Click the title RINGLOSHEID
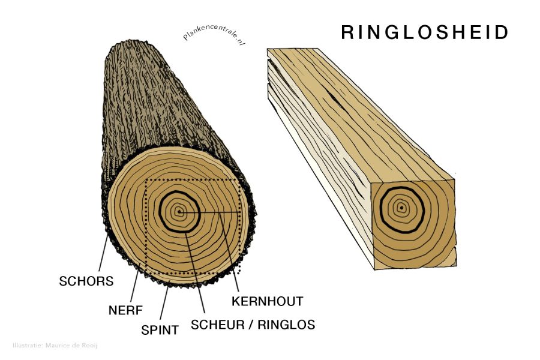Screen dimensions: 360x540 pos(425,33)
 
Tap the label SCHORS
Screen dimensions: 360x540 pos(86,281)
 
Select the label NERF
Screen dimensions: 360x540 pos(126,311)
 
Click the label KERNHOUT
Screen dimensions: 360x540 pos(268,301)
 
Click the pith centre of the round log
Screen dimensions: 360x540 pos(179,212)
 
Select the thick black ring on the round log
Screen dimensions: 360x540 pos(161,211)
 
